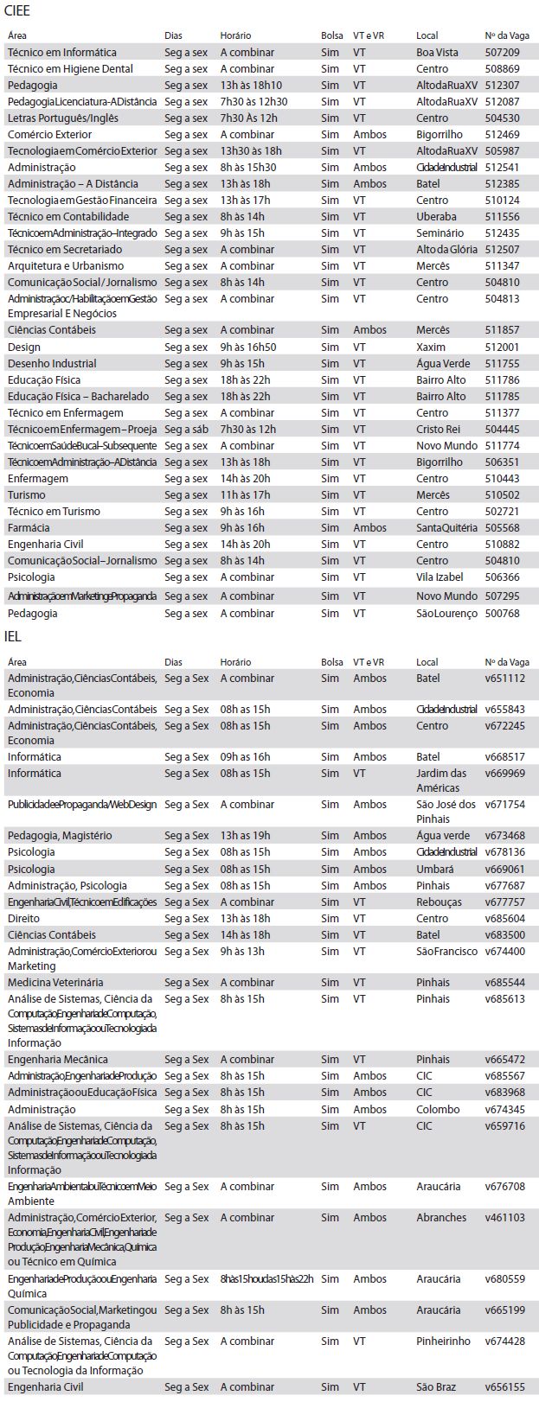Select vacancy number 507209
point(502,52)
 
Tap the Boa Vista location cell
point(437,52)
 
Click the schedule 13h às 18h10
point(251,85)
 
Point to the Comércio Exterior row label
point(49,134)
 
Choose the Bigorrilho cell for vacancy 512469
point(439,134)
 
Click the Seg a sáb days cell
point(186,429)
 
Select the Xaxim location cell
point(431,347)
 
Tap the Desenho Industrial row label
point(52,363)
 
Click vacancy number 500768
point(502,613)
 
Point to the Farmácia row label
point(29,527)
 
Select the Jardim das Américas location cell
point(441,780)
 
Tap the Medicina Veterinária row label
point(55,982)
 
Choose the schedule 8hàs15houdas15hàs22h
point(266,1278)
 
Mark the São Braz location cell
point(436,1386)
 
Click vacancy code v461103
point(504,1217)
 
